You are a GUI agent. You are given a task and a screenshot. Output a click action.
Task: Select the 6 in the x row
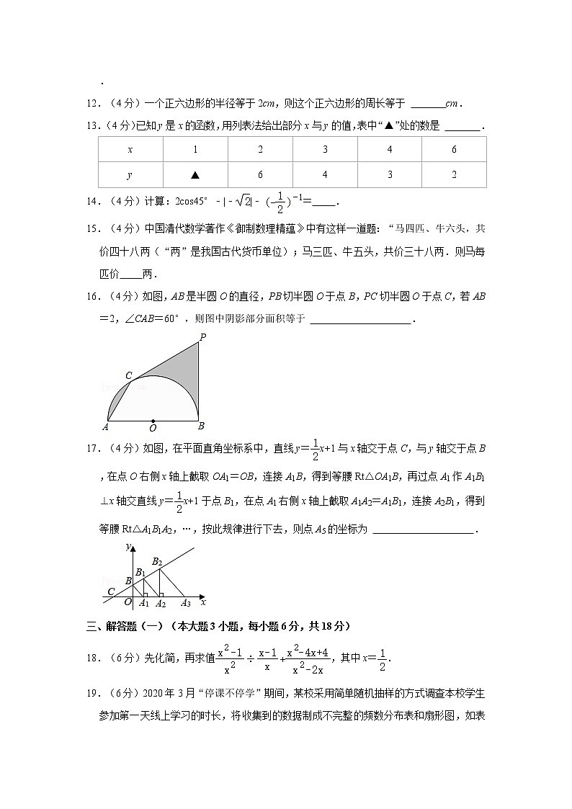(x=453, y=150)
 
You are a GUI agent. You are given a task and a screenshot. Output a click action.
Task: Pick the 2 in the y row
(x=453, y=175)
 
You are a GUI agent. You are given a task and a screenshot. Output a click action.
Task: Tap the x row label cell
(x=130, y=150)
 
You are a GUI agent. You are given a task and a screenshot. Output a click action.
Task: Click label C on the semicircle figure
(x=129, y=375)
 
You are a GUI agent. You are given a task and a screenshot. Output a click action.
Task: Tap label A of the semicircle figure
(x=105, y=426)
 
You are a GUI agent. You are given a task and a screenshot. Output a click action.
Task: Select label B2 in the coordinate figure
(x=157, y=560)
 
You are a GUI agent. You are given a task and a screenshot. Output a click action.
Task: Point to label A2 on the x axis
(x=161, y=604)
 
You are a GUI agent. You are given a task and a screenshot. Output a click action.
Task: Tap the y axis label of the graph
(x=127, y=547)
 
